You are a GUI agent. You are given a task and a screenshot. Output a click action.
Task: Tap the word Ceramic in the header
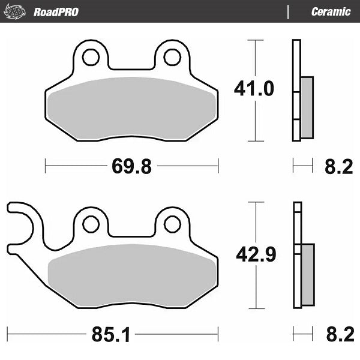[331, 12]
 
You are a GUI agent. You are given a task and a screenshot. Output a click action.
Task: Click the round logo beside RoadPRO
[16, 12]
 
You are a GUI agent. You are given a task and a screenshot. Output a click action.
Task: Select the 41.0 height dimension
[254, 89]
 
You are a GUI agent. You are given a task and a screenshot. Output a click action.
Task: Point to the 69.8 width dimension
[131, 166]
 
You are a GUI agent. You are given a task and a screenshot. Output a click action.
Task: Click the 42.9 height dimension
[254, 256]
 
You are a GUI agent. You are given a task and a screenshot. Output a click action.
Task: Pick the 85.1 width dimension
[110, 333]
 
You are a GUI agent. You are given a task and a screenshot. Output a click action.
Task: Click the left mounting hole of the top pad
[91, 57]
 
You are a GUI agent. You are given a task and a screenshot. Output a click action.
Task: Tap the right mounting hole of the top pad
[172, 57]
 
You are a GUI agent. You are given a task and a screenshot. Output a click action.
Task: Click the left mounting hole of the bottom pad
[91, 224]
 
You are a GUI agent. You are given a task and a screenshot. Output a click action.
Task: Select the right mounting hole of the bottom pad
[172, 224]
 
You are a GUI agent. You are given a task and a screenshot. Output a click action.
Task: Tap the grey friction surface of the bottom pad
[132, 276]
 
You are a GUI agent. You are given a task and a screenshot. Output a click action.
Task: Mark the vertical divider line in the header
[289, 12]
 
